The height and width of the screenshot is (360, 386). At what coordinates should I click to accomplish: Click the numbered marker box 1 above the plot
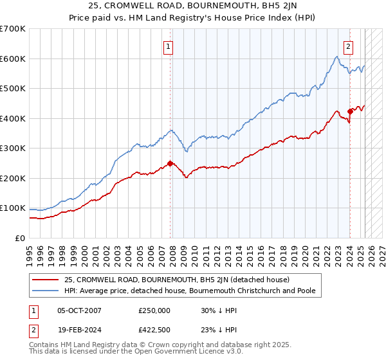[x=168, y=46]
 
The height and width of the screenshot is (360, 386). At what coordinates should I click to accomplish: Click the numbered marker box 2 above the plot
[x=348, y=46]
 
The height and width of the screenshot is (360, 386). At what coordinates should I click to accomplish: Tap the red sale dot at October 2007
[x=170, y=163]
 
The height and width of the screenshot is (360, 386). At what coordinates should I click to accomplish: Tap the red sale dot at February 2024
[x=350, y=111]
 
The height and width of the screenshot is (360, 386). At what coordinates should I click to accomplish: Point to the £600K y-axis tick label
[x=12, y=59]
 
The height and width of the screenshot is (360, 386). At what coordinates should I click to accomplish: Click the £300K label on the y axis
[x=12, y=148]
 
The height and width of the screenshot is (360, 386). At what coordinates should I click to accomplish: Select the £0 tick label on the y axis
[x=20, y=238]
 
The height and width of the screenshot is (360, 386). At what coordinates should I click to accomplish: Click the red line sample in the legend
[x=46, y=280]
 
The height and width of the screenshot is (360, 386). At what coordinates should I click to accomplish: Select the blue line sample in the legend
[x=46, y=291]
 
